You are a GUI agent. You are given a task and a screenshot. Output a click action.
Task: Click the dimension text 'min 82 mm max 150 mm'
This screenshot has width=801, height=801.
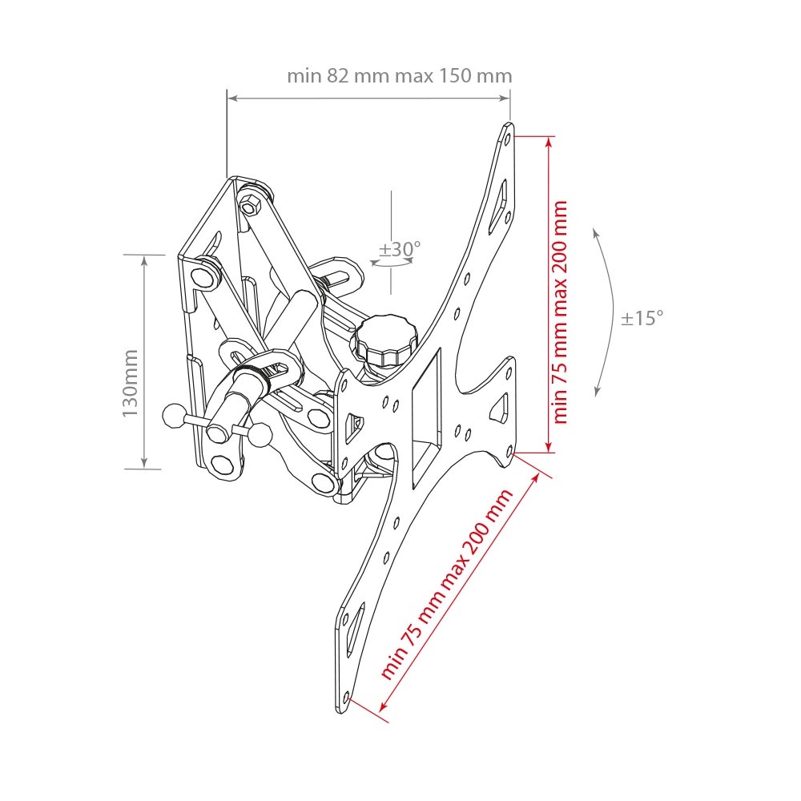[x=399, y=75]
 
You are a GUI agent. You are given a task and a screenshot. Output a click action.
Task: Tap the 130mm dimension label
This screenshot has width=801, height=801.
[x=131, y=383]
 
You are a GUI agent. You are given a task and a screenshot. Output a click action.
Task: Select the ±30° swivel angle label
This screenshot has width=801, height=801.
[x=400, y=249]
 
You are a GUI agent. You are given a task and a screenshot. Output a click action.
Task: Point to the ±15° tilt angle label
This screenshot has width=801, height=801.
[x=642, y=318]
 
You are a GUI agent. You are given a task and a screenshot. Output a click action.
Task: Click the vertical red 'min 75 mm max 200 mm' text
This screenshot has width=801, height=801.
[x=560, y=312]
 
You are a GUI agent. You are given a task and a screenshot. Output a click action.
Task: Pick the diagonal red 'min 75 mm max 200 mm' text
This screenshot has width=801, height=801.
[x=446, y=584]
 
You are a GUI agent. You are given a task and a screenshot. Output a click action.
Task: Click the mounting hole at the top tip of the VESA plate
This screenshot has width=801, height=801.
[x=507, y=139]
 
